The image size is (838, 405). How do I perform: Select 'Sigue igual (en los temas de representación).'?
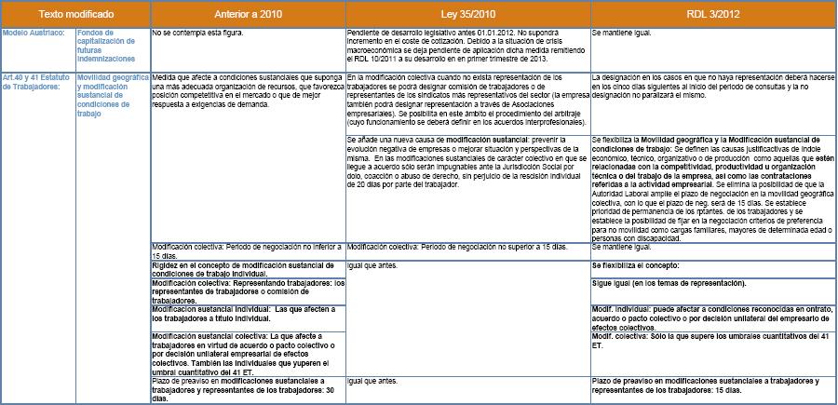[667, 281]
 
